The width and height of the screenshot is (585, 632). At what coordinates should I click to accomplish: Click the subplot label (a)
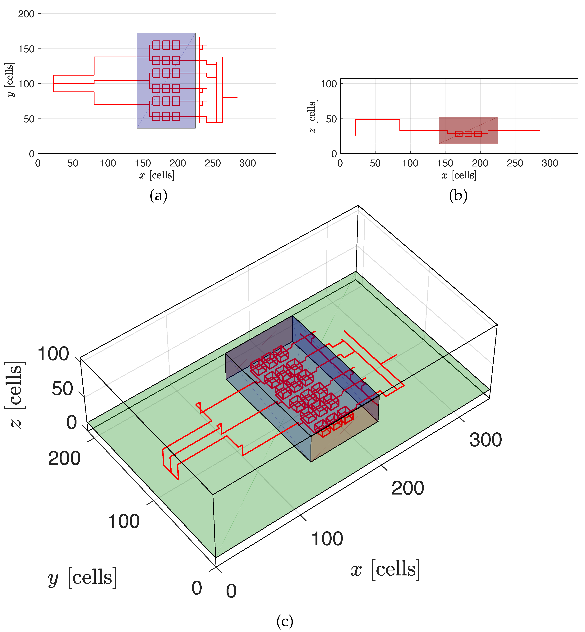click(x=158, y=195)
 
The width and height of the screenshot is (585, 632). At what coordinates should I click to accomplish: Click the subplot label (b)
click(x=458, y=195)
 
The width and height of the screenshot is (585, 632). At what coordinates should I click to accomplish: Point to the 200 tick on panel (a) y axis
click(x=26, y=14)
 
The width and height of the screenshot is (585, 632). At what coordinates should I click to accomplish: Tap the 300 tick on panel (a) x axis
click(x=247, y=163)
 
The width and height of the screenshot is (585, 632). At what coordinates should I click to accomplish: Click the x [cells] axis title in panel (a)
click(x=157, y=175)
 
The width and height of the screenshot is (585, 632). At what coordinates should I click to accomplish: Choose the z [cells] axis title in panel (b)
click(x=312, y=116)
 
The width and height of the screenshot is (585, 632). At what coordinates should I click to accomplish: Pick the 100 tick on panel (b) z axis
click(x=329, y=84)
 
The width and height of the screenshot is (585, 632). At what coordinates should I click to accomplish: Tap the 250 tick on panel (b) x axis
click(x=515, y=163)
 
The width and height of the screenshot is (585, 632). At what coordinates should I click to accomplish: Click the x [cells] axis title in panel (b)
click(x=459, y=175)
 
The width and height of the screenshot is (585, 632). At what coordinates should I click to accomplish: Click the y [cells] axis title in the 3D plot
click(x=82, y=578)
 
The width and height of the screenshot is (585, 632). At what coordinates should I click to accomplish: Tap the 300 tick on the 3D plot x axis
click(x=485, y=440)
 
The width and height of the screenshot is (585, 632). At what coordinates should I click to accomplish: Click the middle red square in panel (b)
click(x=468, y=134)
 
